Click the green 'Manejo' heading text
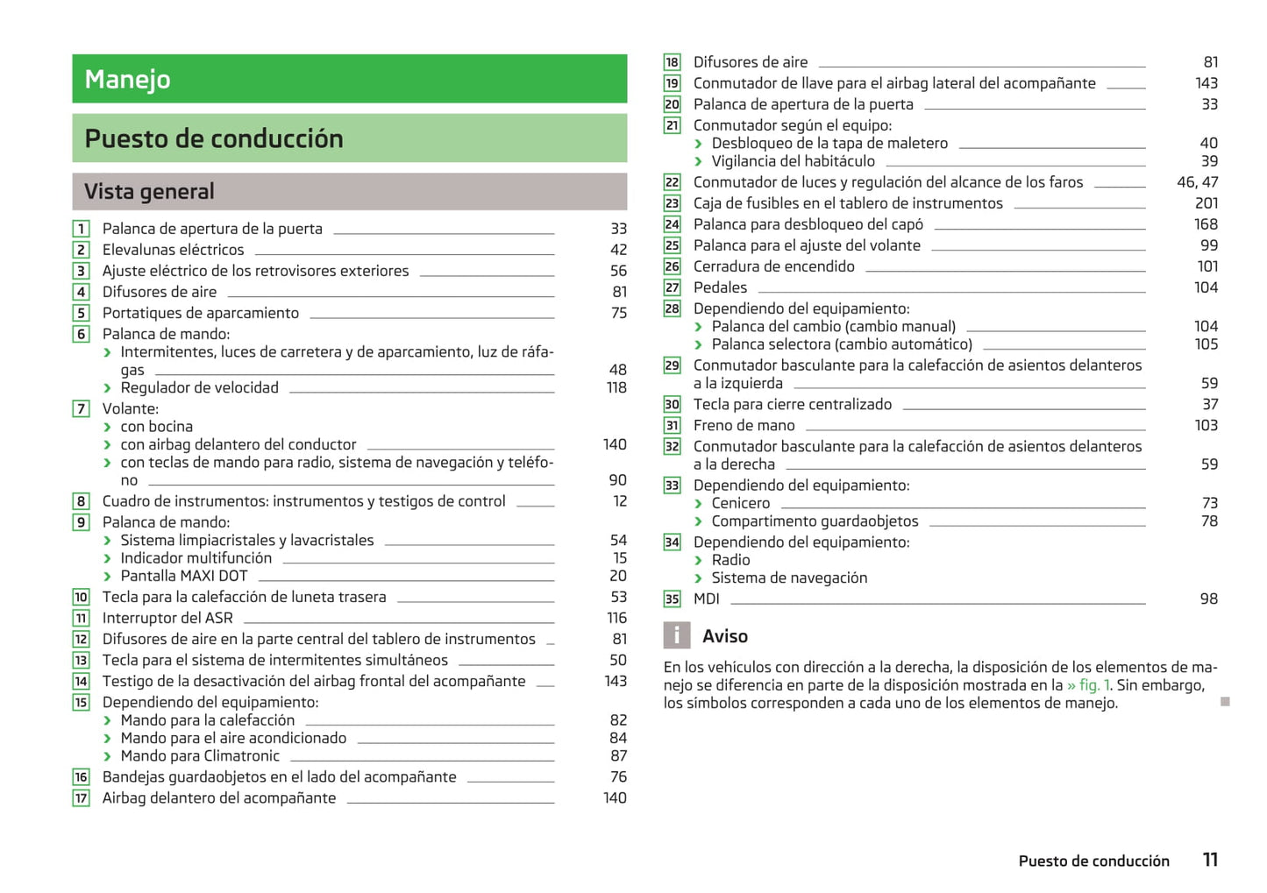click(128, 80)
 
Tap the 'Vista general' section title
click(149, 191)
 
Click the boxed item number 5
click(81, 313)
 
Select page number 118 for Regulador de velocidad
click(616, 387)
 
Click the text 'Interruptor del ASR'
click(167, 618)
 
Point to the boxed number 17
click(81, 798)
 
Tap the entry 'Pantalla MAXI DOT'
click(184, 576)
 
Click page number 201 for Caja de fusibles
click(1206, 203)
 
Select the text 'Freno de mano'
click(744, 425)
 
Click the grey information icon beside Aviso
click(676, 635)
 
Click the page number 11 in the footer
click(1210, 860)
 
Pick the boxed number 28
click(672, 308)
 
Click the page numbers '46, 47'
click(1197, 182)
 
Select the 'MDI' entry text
click(706, 599)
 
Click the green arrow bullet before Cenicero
click(699, 504)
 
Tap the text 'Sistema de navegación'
click(789, 578)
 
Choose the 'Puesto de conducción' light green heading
click(214, 138)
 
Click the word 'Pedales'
click(720, 287)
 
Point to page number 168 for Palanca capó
click(1206, 224)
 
